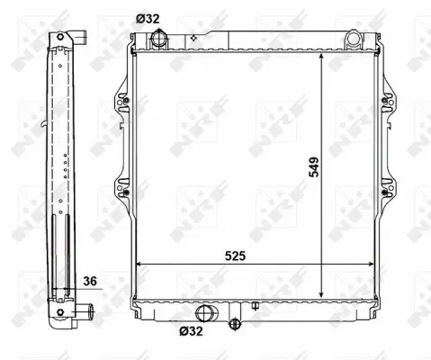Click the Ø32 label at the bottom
click(x=191, y=331)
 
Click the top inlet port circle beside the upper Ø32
click(x=160, y=39)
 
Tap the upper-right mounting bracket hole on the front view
click(x=384, y=97)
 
